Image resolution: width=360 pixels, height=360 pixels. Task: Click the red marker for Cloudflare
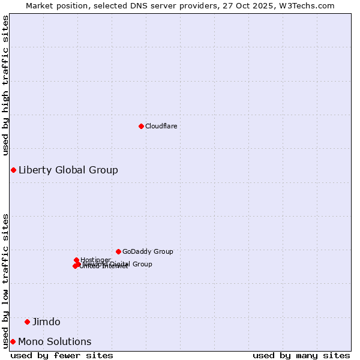point(141,126)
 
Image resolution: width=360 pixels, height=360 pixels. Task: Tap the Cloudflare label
point(161,126)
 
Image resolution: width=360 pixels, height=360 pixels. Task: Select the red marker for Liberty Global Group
point(13,170)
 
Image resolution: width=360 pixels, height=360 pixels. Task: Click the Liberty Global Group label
point(68,170)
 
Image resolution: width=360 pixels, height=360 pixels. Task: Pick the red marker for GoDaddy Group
point(118,251)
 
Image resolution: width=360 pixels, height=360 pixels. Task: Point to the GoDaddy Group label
point(148,251)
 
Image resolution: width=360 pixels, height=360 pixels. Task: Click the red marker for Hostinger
point(76,260)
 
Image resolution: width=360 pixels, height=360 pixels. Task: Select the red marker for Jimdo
point(27,322)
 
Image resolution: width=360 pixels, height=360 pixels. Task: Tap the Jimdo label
point(46,322)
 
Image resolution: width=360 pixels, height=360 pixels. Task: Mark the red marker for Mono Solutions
point(13,341)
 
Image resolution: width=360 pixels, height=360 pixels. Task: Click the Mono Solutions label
point(55,341)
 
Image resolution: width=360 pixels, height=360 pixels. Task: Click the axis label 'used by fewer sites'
point(62,355)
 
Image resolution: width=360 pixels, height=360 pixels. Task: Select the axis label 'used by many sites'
point(301,355)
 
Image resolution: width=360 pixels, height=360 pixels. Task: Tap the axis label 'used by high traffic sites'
point(5,85)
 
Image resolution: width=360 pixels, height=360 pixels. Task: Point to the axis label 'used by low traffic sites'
point(5,280)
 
